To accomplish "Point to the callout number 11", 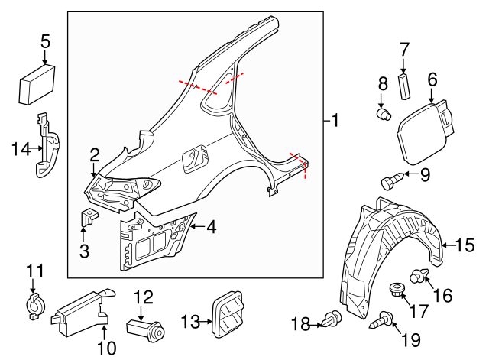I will click(35, 271).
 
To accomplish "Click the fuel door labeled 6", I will click(422, 130).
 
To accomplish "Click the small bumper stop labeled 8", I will click(384, 114).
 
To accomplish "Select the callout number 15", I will click(465, 245).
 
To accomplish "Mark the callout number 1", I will click(333, 121).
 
